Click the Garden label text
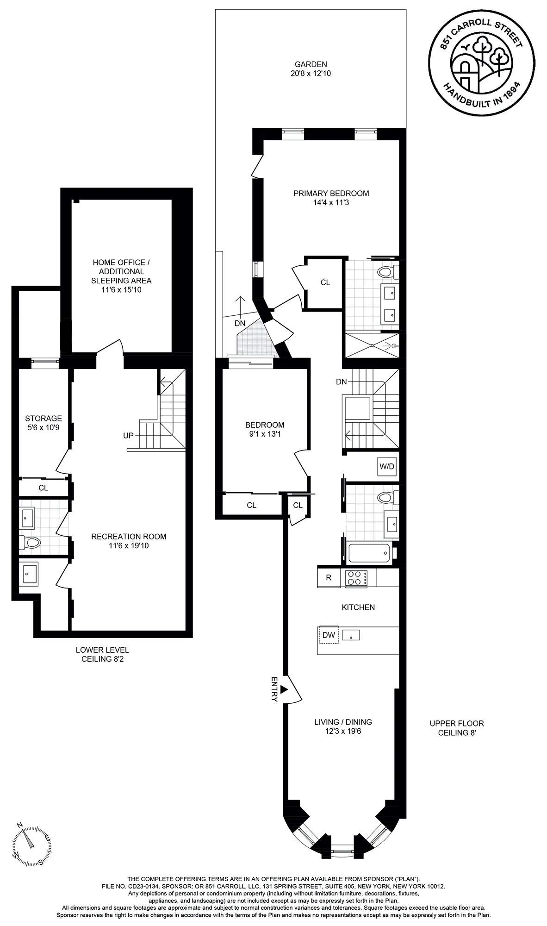[311, 64]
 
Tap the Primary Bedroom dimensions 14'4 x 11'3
[331, 202]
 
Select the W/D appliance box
[387, 466]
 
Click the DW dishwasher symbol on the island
[329, 635]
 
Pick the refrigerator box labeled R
[329, 577]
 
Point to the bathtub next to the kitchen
[369, 553]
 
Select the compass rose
[31, 846]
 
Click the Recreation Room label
[129, 537]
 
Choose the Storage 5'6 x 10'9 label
[43, 423]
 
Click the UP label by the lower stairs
[128, 436]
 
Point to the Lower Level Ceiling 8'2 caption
[102, 654]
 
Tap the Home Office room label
[121, 271]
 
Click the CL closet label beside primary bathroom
[325, 282]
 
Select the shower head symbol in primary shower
[393, 345]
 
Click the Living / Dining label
[343, 722]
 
